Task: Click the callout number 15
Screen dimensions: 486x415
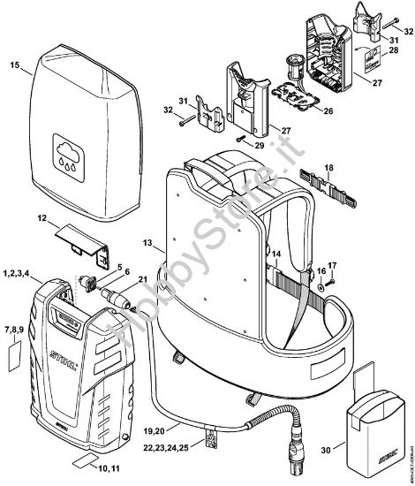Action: (14, 65)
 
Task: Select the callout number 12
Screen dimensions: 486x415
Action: (41, 217)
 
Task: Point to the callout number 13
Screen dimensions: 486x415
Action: (147, 242)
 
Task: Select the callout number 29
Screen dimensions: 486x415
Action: (260, 143)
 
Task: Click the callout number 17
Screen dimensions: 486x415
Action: (332, 264)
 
